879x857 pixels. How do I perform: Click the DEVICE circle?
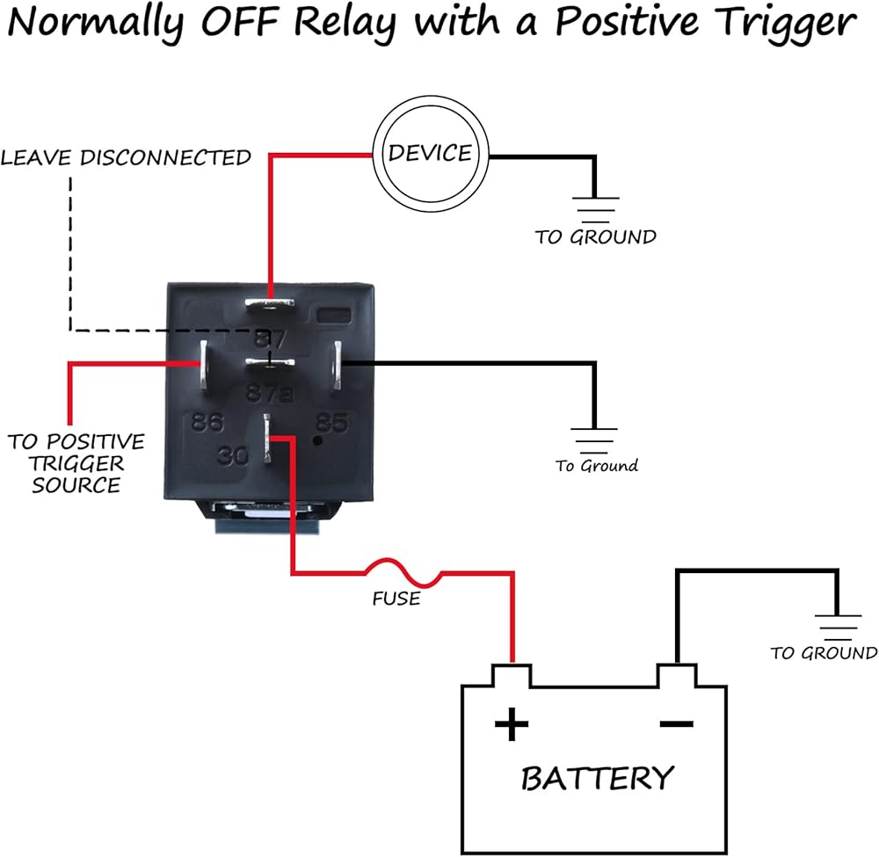tap(430, 155)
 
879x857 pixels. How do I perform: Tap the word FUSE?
tap(396, 599)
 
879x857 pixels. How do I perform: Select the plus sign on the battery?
tap(512, 725)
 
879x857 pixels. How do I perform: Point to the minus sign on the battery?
tap(676, 724)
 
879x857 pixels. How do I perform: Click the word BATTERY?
tap(597, 778)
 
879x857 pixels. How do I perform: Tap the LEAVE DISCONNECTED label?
tap(127, 158)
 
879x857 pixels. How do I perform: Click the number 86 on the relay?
tap(207, 423)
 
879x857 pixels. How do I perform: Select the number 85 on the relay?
tap(331, 423)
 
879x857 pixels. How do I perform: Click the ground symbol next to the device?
tap(597, 206)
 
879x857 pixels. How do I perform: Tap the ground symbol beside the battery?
tap(838, 623)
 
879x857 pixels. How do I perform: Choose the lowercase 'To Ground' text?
tap(597, 466)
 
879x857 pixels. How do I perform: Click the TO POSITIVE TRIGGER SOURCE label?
tap(76, 462)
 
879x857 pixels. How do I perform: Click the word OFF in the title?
tap(236, 24)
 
